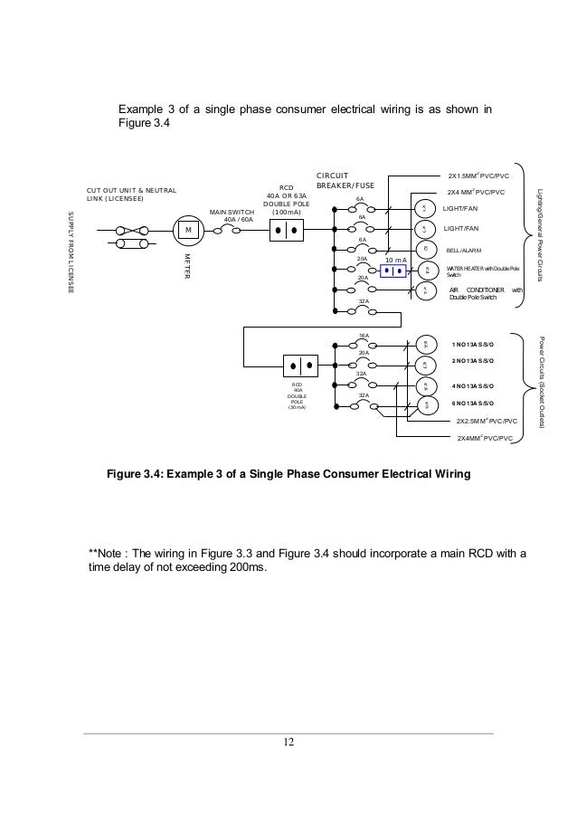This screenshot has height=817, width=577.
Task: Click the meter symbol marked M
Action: pyautogui.click(x=189, y=231)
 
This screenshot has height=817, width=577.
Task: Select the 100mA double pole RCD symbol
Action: pyautogui.click(x=288, y=230)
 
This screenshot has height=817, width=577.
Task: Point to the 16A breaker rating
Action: pyautogui.click(x=364, y=336)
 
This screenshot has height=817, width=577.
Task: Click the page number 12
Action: pyautogui.click(x=288, y=744)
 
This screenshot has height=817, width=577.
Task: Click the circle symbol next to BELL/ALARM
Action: pyautogui.click(x=424, y=249)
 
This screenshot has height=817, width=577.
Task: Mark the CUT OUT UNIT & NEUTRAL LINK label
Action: pyautogui.click(x=131, y=194)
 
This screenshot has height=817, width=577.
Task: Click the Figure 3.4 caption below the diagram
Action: pyautogui.click(x=288, y=473)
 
